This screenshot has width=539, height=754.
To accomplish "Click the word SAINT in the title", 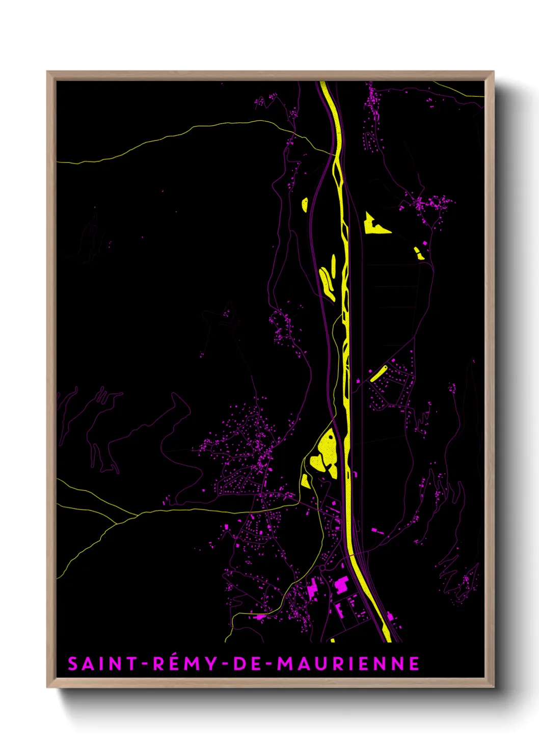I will pos(102,664).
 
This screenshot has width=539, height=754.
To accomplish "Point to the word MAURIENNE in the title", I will pos(348,664).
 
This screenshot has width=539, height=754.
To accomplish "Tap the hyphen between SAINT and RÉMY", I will pos(145,664).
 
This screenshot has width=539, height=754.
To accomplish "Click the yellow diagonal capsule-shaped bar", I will pos(379,373).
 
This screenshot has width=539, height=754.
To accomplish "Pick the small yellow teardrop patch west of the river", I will pos(305,205).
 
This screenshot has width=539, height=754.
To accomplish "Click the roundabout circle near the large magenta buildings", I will pos(322,567).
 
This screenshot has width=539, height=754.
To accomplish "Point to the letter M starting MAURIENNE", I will pos(285,664).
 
